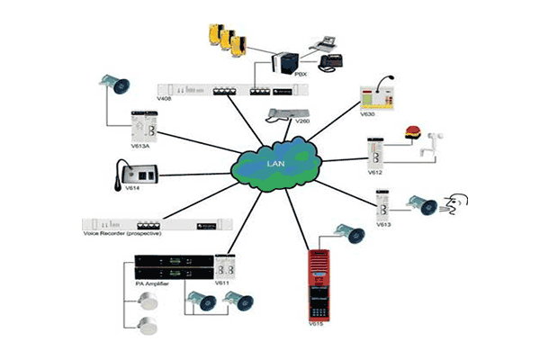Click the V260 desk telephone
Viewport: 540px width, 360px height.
(x=286, y=113)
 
